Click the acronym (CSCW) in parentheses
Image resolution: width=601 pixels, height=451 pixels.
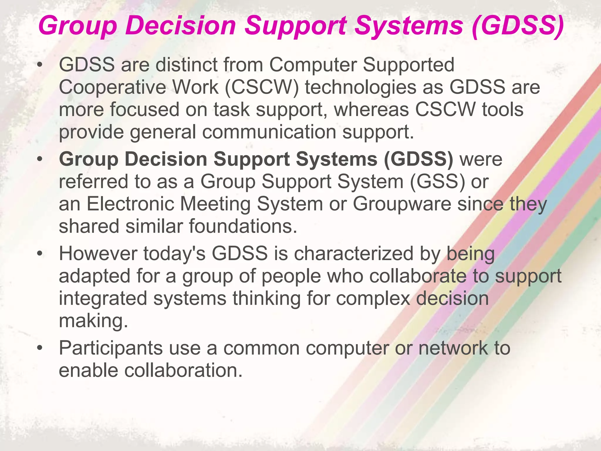(262, 87)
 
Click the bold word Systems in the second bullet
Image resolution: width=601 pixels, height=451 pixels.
(336, 159)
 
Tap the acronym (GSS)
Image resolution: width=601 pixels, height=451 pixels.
(437, 181)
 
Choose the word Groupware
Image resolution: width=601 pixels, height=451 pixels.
(402, 204)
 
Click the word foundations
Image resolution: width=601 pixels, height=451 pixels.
(243, 226)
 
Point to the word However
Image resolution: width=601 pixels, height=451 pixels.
(98, 253)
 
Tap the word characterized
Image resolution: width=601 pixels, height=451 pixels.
(354, 253)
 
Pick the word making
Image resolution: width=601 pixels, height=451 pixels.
(93, 321)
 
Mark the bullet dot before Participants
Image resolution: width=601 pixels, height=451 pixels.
(40, 349)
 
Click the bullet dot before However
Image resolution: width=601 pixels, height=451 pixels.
(40, 254)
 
